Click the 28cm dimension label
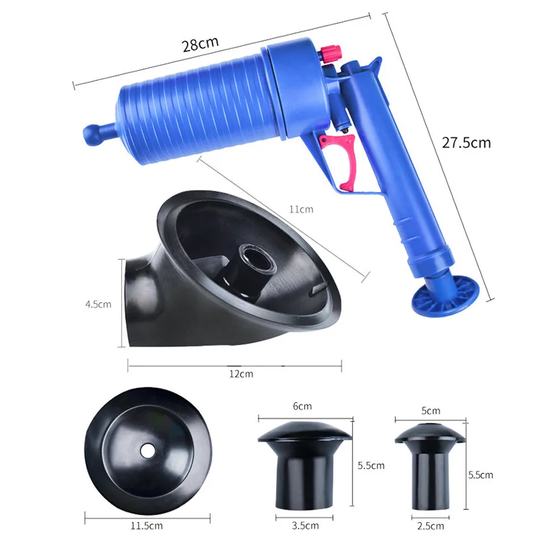tap(201, 44)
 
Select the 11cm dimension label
tap(301, 209)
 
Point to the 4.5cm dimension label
tap(98, 304)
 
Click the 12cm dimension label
tap(241, 374)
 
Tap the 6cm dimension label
tap(302, 406)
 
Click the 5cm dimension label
tap(431, 410)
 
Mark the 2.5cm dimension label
tap(431, 525)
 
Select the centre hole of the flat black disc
tap(147, 451)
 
